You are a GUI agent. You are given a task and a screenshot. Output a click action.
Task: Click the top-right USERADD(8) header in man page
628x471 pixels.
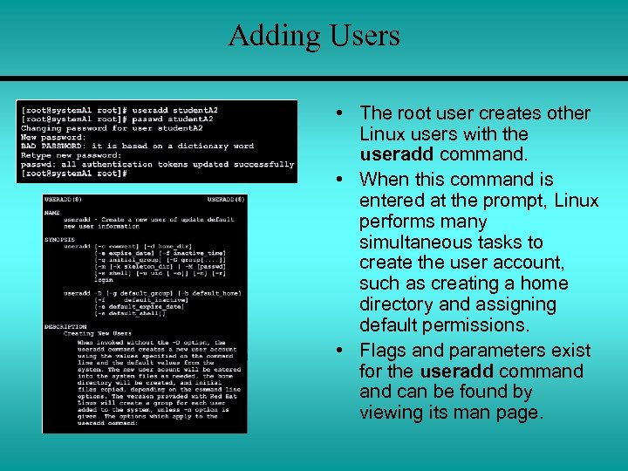pyautogui.click(x=224, y=200)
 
